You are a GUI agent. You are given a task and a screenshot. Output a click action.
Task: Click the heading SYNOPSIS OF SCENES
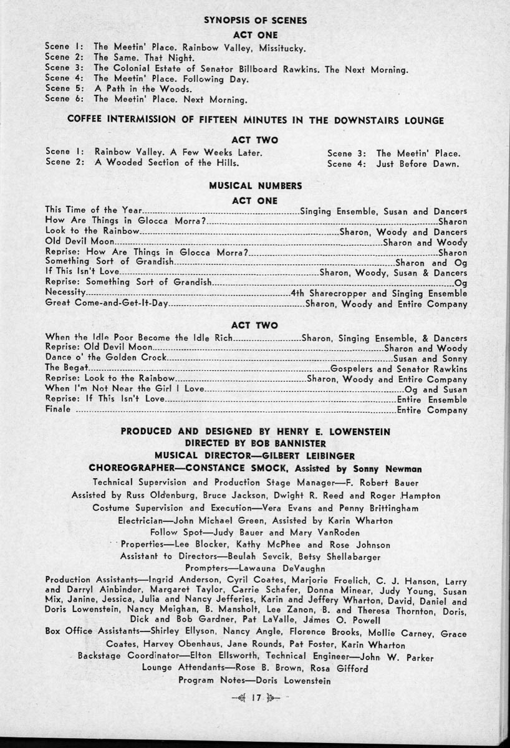tap(255, 20)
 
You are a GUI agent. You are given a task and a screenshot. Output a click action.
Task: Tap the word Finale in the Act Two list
tap(59, 410)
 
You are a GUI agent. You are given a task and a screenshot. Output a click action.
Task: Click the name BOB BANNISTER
tap(293, 443)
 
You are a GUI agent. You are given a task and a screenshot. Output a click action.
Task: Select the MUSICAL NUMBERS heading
tap(255, 186)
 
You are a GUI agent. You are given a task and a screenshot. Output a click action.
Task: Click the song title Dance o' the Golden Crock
tap(107, 358)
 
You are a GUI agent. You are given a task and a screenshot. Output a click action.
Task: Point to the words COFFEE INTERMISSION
tap(107, 120)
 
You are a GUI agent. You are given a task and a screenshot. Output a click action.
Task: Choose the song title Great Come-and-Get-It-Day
tap(107, 305)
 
